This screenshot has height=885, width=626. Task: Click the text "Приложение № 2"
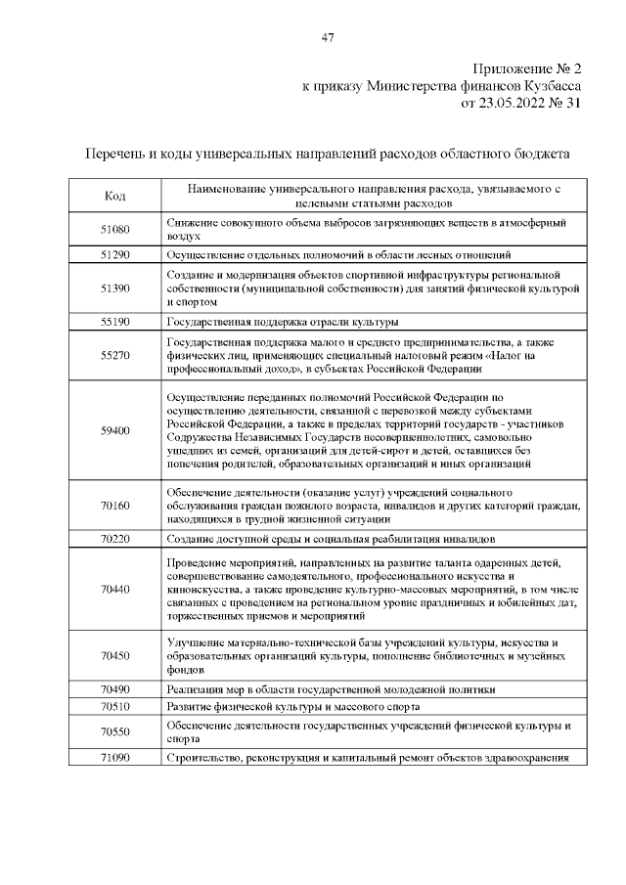(x=527, y=68)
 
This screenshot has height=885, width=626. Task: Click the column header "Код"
(x=114, y=197)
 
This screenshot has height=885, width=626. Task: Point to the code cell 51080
(x=114, y=230)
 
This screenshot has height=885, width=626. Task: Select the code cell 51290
(x=114, y=254)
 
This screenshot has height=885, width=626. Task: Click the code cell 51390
(x=114, y=289)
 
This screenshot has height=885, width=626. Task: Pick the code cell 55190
(x=114, y=321)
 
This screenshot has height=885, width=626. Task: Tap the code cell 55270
(x=114, y=356)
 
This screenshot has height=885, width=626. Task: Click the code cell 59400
(x=114, y=430)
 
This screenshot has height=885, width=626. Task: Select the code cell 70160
(x=114, y=506)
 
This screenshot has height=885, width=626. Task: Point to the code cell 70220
(x=114, y=539)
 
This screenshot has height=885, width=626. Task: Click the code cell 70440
(x=114, y=589)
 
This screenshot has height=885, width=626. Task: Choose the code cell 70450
(x=114, y=655)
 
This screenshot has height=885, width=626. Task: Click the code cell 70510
(x=114, y=706)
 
